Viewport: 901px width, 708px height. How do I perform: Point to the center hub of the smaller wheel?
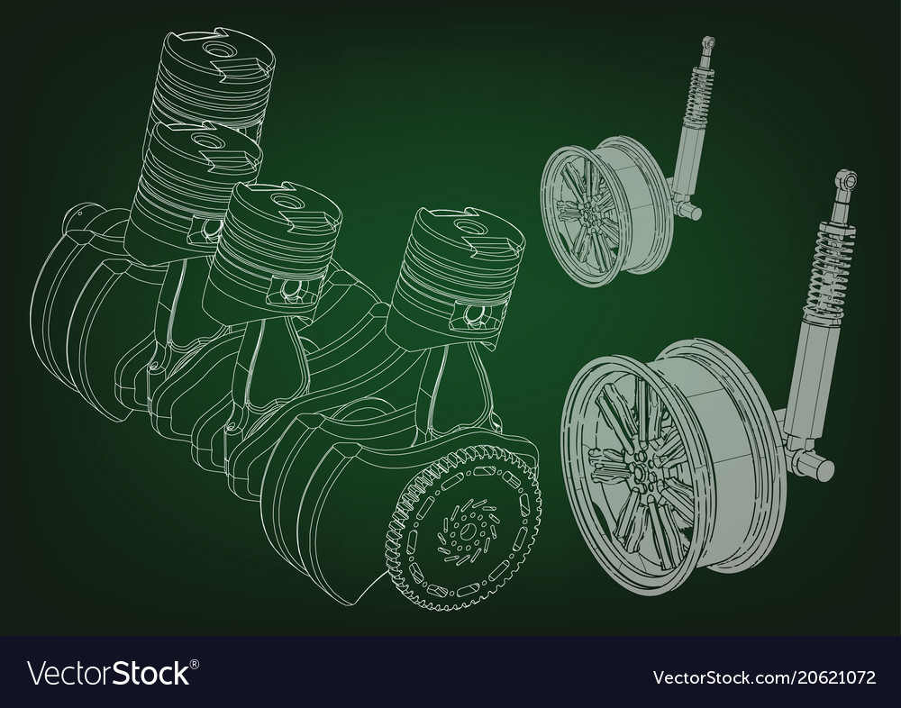coord(587,213)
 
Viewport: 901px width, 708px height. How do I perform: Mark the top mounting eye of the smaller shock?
coord(709,41)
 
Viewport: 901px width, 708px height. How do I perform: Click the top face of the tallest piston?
coord(216,45)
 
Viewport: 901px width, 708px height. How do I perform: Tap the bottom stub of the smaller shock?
coord(691,211)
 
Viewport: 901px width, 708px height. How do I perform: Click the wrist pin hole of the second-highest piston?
coord(208,230)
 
